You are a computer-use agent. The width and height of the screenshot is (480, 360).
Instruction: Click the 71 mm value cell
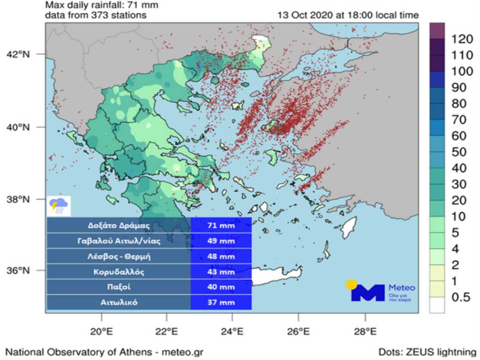tap(221, 226)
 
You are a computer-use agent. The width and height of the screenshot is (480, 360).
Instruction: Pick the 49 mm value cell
tap(221, 241)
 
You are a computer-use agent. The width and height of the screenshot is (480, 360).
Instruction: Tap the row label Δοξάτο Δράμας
tap(119, 226)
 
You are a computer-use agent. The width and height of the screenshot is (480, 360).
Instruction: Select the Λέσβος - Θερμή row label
tap(119, 256)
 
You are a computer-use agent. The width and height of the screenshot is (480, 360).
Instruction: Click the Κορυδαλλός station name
tap(119, 272)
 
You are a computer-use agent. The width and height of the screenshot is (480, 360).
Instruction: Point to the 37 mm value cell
tap(221, 302)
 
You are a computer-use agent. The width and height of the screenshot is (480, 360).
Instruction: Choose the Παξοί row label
tap(119, 287)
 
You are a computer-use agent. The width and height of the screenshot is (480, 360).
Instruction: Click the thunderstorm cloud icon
tap(59, 206)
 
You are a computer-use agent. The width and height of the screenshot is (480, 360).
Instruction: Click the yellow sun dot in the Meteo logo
tap(351, 284)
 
